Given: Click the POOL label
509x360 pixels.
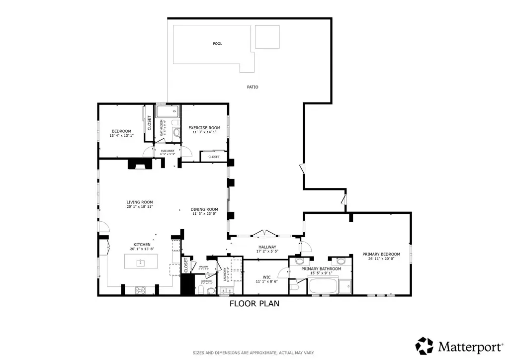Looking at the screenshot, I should [217, 44].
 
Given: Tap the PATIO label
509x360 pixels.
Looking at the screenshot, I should [253, 87].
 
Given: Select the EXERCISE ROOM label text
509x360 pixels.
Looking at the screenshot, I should [204, 128].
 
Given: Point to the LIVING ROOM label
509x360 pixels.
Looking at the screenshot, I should [139, 202].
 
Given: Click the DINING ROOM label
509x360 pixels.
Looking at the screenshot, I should [204, 209].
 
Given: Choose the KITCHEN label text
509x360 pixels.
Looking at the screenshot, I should [142, 245].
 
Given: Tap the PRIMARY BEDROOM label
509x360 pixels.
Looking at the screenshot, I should [381, 254].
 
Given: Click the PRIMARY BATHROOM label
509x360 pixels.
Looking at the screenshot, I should [321, 269].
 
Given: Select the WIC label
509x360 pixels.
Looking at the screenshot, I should [266, 277].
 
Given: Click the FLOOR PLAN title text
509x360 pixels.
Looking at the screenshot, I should [254, 303].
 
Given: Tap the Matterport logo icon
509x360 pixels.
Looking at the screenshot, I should [424, 346].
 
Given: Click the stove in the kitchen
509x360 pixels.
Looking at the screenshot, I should [141, 289].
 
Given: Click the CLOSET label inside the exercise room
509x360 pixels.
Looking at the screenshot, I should [214, 157].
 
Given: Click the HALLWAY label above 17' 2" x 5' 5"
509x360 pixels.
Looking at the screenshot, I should [267, 247].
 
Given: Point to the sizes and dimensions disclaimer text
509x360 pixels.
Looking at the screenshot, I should [254, 353].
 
